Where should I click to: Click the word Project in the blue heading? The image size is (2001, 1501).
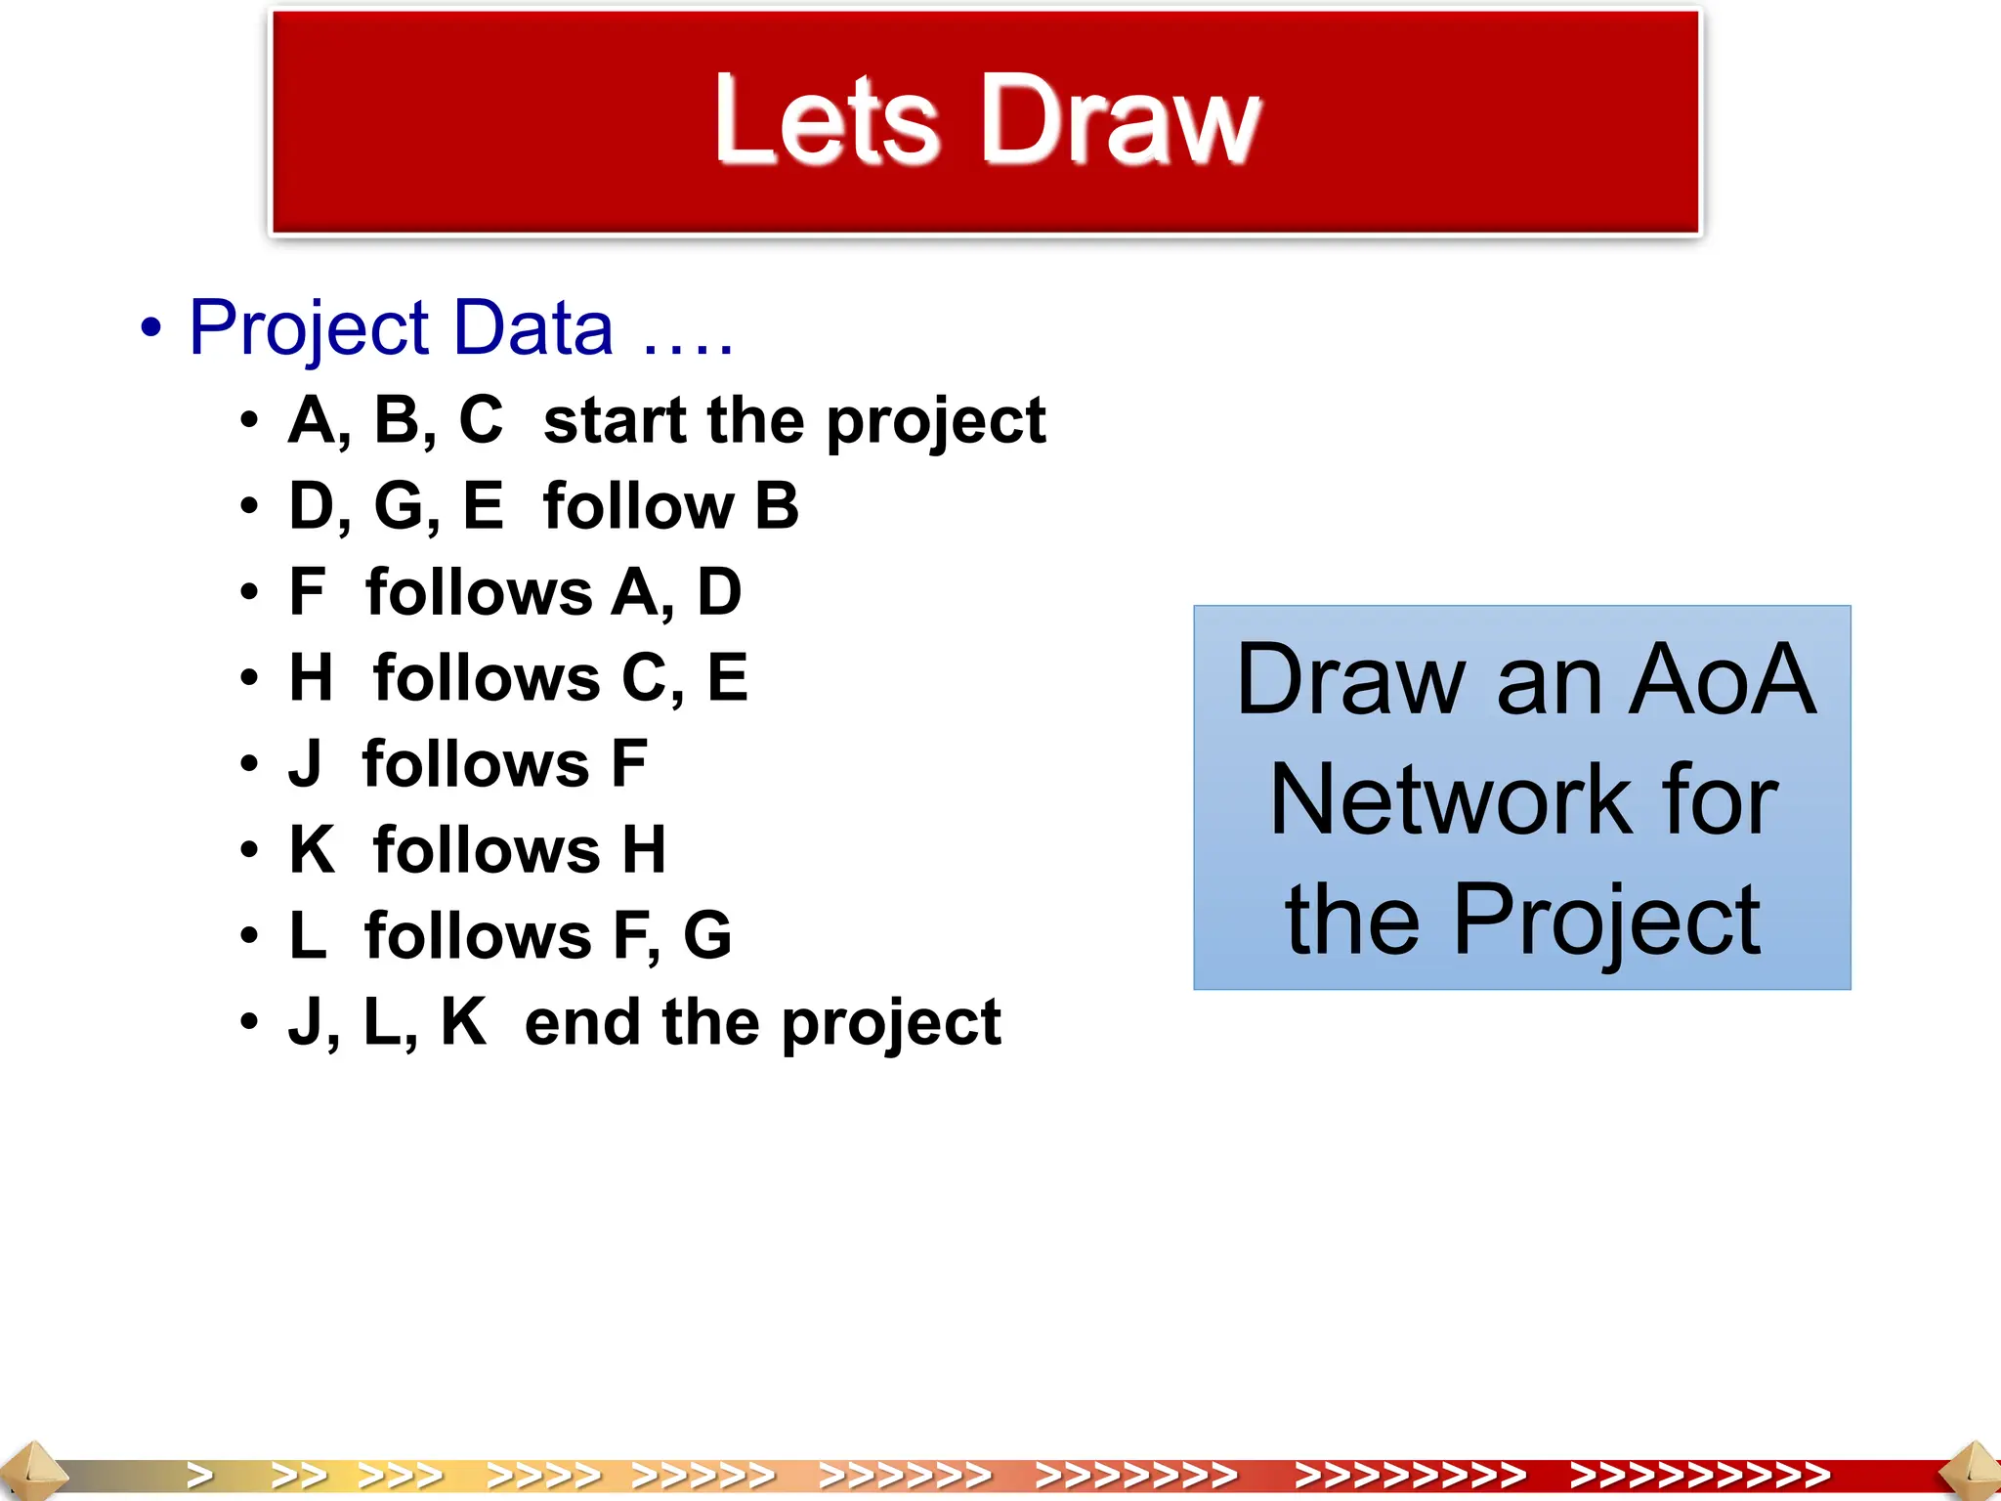pyautogui.click(x=309, y=328)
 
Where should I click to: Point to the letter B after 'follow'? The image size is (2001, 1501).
pyautogui.click(x=777, y=506)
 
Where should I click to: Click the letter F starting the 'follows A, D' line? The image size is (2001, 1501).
pyautogui.click(x=307, y=592)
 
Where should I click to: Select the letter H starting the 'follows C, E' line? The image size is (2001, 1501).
pyautogui.click(x=311, y=678)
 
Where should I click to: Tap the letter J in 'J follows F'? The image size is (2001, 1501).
pyautogui.click(x=305, y=764)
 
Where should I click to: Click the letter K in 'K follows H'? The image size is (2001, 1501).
pyautogui.click(x=312, y=849)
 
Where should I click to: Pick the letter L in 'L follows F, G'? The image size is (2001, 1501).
pyautogui.click(x=307, y=935)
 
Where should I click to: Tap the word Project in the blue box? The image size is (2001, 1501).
pyautogui.click(x=1606, y=921)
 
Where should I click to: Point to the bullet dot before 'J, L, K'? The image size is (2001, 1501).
pyautogui.click(x=250, y=1023)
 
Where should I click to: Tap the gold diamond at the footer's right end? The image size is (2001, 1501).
pyautogui.click(x=1972, y=1472)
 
